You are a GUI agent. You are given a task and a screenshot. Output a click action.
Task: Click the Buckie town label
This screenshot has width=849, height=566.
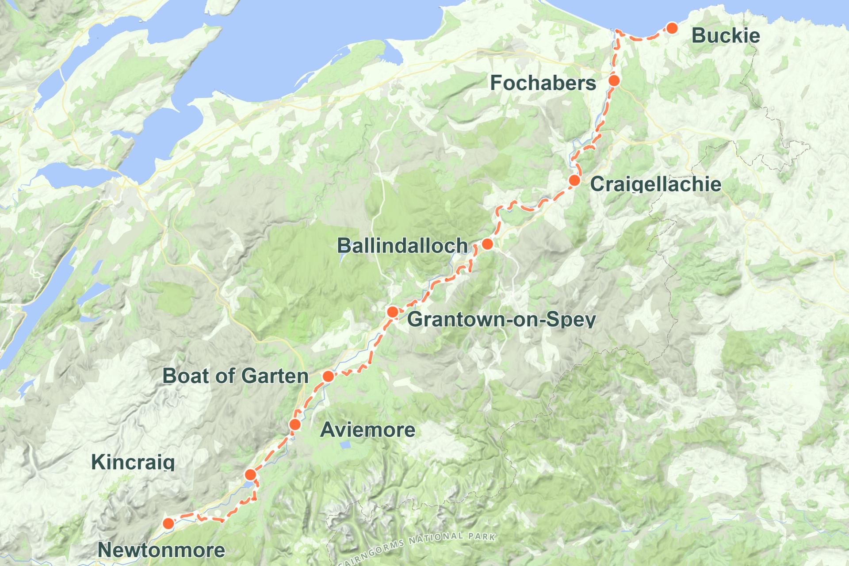point(725,36)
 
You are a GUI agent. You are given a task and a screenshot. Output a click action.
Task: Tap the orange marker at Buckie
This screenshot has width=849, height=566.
point(672,28)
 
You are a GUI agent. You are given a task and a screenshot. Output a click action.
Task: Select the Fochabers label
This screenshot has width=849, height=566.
point(543,83)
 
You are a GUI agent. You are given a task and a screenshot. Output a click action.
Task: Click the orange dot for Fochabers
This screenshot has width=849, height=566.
point(614,80)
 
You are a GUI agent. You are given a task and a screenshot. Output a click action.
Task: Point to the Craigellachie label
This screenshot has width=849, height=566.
point(655,184)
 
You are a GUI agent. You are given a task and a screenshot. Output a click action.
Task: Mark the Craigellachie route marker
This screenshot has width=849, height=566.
point(574,180)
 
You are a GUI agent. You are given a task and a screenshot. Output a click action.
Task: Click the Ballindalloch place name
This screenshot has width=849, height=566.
point(402,245)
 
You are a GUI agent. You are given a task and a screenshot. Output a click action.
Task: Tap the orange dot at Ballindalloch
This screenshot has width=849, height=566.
point(487,244)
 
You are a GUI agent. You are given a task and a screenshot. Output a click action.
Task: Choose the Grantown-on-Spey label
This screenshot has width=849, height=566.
point(501,319)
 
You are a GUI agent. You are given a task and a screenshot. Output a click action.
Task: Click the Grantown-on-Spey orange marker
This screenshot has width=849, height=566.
point(392,312)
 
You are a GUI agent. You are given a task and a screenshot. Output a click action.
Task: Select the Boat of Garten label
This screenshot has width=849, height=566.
point(235,376)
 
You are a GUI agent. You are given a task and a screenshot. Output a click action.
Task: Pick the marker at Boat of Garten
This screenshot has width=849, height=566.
point(328,376)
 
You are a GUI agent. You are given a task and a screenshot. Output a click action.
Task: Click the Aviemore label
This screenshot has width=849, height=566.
point(367,430)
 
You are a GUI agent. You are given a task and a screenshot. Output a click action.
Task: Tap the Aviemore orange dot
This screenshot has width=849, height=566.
point(295,425)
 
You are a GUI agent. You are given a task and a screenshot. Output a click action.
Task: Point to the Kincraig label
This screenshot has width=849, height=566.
point(133,463)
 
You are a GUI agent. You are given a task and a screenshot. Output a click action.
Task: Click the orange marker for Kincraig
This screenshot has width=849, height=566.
point(250,475)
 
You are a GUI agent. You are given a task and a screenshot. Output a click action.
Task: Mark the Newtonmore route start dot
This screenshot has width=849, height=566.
point(168,524)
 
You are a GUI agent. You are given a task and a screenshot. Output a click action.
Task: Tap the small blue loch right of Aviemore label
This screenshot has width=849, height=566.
point(345,445)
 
